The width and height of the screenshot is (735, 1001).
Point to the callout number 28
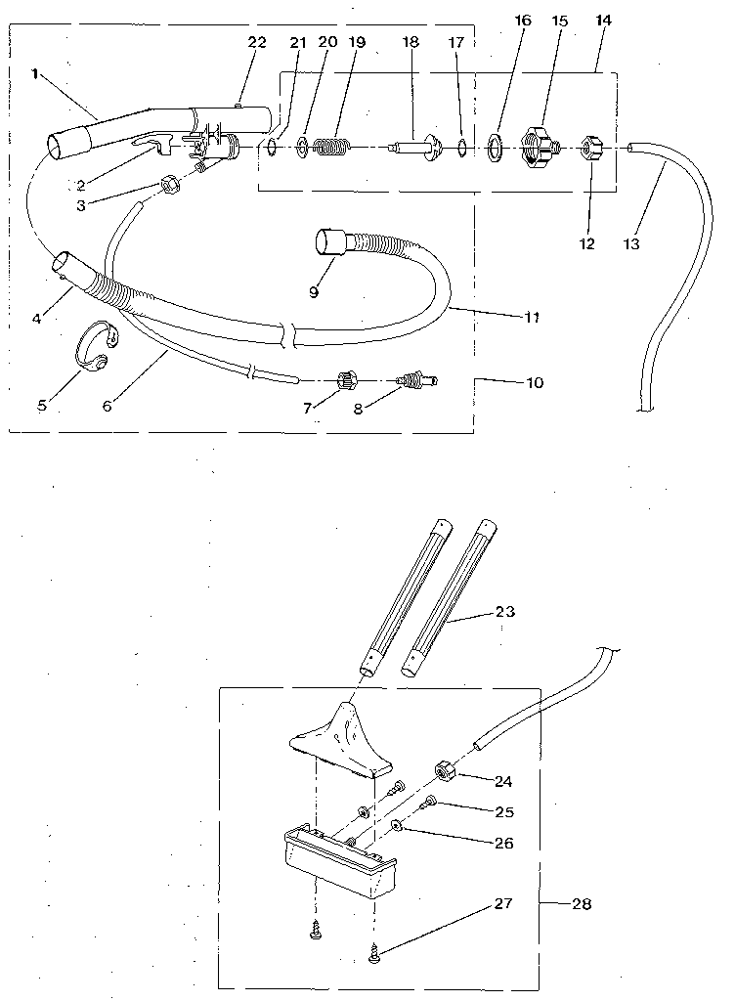tap(581, 904)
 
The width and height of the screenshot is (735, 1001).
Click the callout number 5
tap(42, 404)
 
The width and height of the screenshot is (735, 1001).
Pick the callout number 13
tap(631, 244)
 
